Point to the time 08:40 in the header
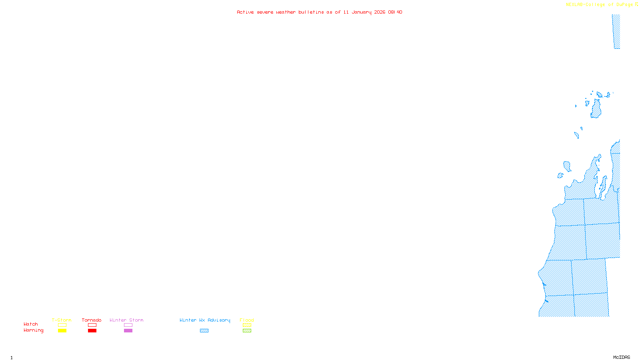coord(395,12)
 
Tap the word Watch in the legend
coord(31,324)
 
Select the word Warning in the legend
coord(33,330)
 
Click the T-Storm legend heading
coord(62,320)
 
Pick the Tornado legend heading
coord(92,320)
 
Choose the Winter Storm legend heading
coord(126,320)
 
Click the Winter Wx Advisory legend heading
coord(205,320)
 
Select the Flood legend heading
coord(247,320)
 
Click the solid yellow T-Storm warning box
coord(62,331)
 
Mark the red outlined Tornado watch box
coord(92,325)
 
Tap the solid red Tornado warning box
coord(92,331)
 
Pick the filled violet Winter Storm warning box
coord(128,331)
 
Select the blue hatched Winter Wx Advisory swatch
coord(204,331)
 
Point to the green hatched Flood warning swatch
coord(247,331)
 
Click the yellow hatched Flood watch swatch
coord(247,325)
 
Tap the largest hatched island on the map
coord(596,109)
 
